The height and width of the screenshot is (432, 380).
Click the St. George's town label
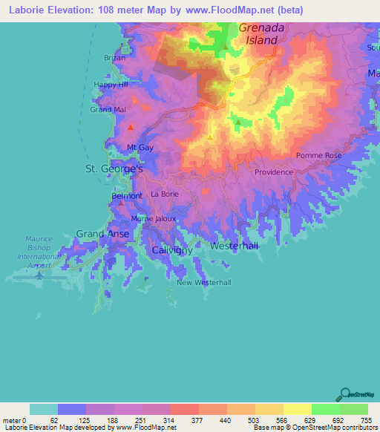114,169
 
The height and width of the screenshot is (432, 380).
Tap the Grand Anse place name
102,234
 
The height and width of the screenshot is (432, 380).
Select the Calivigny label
172,251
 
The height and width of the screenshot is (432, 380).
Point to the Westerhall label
235,245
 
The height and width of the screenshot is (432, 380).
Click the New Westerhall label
204,283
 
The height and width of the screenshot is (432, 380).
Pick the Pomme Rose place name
318,156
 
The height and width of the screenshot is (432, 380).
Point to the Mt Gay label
140,148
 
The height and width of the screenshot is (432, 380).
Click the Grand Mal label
105,109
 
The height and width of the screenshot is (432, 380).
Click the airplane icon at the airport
39,275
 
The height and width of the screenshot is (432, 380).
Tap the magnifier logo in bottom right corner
344,394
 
